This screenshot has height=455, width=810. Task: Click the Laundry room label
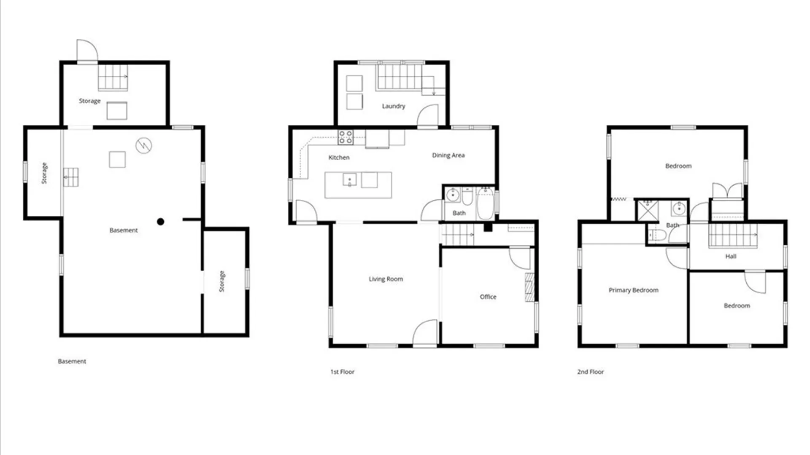click(x=394, y=106)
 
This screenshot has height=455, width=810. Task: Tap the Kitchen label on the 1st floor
click(x=339, y=158)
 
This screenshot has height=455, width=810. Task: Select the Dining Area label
click(x=448, y=155)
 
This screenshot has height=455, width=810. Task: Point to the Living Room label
click(x=386, y=279)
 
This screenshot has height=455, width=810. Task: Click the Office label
click(x=488, y=297)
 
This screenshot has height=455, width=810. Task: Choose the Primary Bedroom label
click(x=633, y=290)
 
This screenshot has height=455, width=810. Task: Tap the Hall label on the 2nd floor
click(x=731, y=256)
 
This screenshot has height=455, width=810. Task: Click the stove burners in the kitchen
click(x=346, y=137)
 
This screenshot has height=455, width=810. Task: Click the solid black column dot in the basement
click(x=160, y=222)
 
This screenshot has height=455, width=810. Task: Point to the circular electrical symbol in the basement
click(x=144, y=146)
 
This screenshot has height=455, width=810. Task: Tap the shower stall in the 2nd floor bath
click(x=648, y=211)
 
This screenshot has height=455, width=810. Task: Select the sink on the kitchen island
click(x=349, y=180)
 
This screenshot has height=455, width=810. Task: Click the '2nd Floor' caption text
click(x=590, y=372)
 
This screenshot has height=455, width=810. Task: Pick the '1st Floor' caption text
click(x=342, y=372)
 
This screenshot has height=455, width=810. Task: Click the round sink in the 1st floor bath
click(x=452, y=195)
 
